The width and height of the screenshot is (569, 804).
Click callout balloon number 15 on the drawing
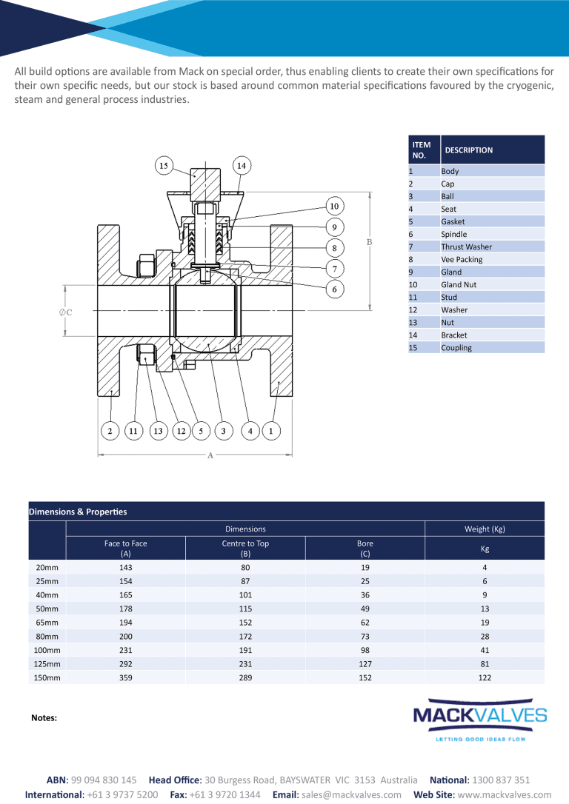164,166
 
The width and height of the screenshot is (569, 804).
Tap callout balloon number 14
242,166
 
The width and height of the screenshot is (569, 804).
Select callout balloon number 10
334,206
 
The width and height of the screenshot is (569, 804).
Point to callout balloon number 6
334,289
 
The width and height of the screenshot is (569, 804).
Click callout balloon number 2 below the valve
110,430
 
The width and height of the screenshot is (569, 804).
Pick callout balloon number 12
181,430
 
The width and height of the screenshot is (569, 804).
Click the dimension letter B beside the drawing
369,242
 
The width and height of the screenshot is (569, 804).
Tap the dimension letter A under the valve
210,455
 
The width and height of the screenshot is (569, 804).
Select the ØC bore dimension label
65,312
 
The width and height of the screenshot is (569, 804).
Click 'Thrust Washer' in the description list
466,247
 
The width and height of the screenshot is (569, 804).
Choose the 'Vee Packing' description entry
462,259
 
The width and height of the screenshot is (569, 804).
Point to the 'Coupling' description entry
456,347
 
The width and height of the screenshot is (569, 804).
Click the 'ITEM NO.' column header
422,150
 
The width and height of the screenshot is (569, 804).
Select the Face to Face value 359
125,677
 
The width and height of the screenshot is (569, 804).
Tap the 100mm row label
47,650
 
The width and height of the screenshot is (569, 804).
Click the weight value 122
485,677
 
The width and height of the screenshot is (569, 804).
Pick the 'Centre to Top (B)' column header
245,548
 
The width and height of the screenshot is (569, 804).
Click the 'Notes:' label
44,717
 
